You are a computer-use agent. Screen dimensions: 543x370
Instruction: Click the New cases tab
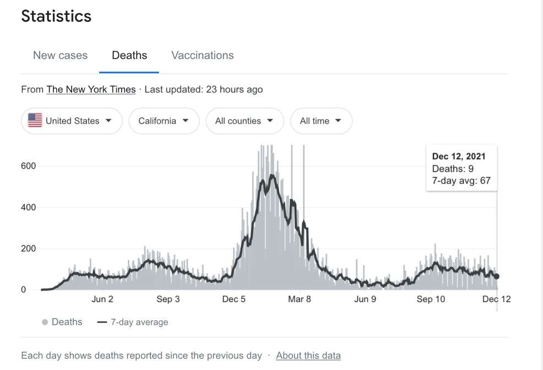point(60,56)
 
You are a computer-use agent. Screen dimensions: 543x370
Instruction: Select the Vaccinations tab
point(203,56)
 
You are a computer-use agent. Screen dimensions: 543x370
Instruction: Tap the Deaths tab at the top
point(129,56)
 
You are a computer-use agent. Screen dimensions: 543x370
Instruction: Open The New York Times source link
point(91,89)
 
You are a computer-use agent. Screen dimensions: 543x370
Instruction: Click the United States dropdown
point(72,121)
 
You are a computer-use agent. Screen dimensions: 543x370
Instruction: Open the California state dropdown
point(164,121)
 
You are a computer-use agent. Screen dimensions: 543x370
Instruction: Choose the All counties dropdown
point(245,121)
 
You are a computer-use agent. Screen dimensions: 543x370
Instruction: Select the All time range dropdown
point(322,121)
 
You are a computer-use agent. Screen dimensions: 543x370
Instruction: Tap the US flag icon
point(35,121)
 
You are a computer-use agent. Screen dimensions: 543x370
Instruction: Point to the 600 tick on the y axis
point(29,166)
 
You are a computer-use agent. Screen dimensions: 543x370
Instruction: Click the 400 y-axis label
point(29,208)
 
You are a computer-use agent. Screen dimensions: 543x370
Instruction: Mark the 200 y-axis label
point(29,248)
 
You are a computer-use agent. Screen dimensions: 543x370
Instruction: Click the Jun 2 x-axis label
point(102,299)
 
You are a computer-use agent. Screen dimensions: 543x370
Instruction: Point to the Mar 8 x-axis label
point(300,299)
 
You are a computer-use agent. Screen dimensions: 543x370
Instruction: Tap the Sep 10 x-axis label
point(431,299)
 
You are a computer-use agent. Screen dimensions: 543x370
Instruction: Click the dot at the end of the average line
point(497,276)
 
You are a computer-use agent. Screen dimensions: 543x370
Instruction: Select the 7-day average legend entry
point(133,322)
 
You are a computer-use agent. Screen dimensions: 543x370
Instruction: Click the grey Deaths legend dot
point(45,322)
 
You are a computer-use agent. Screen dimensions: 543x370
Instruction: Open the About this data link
point(308,356)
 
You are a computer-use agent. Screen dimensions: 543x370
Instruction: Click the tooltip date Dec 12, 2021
point(459,156)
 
